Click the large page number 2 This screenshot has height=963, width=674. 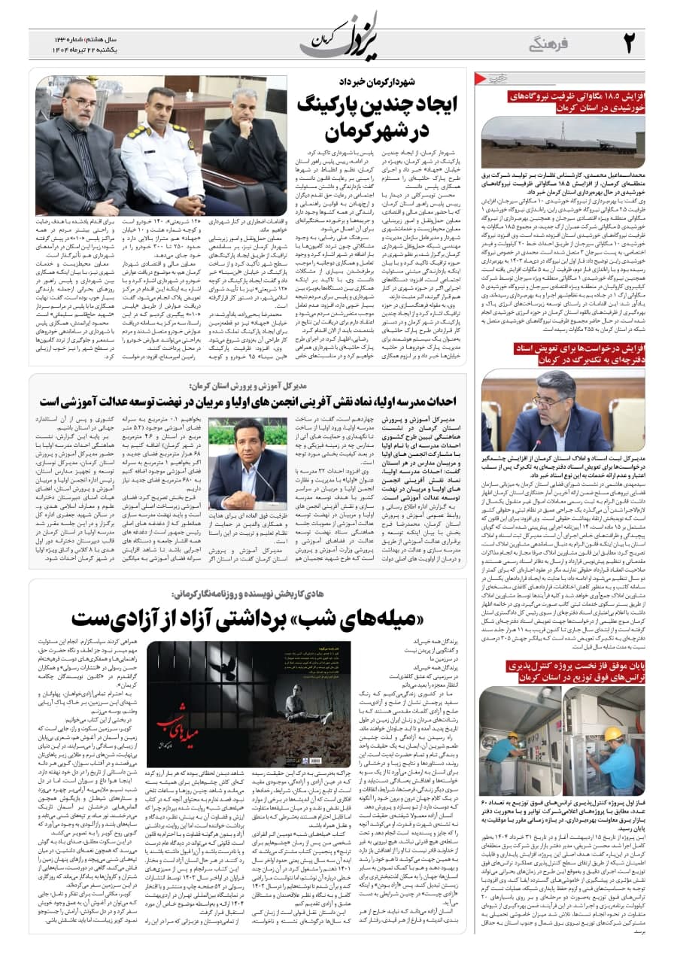(630, 42)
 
